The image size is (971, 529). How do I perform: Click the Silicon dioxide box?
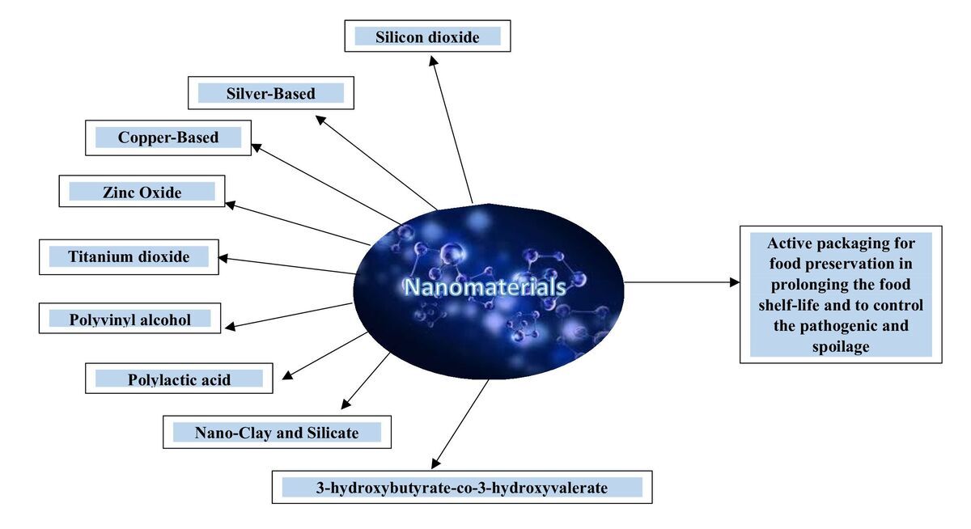coord(427,36)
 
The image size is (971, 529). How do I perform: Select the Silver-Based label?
coord(270,93)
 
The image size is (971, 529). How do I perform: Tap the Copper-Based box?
coord(168,138)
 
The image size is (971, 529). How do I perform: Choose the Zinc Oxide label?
coord(142,192)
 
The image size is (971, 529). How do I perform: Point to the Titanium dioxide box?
coord(129,257)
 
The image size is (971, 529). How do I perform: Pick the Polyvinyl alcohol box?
coord(129,319)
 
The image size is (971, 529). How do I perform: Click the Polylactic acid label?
coord(179,379)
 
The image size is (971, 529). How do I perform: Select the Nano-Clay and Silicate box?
coord(277,432)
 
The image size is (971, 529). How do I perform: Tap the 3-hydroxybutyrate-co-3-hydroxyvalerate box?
coord(461,487)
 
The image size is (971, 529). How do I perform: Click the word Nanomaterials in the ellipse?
coord(484,287)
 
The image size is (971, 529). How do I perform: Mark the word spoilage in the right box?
coord(841,347)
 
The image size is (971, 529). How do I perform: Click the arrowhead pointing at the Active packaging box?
coord(735,282)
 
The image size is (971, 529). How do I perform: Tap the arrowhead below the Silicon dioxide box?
coord(433,61)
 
